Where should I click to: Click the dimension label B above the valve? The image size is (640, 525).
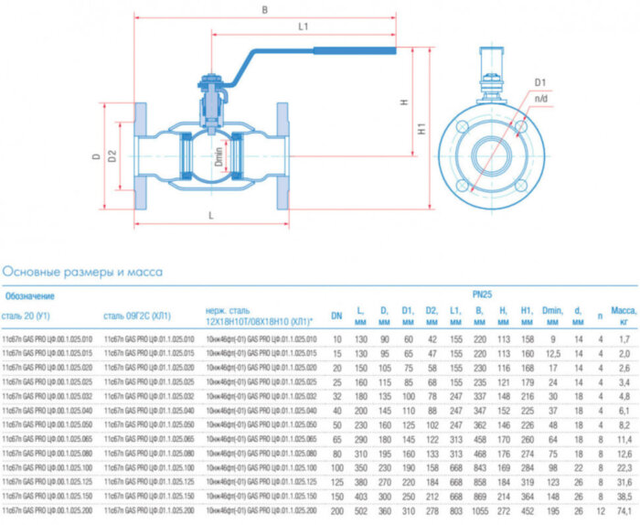pyautogui.click(x=264, y=11)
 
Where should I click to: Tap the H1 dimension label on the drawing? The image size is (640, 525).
pyautogui.click(x=421, y=131)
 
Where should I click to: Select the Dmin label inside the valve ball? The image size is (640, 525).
pyautogui.click(x=219, y=156)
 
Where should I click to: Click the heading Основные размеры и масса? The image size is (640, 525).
pyautogui.click(x=82, y=271)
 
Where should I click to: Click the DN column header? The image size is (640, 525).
pyautogui.click(x=336, y=316)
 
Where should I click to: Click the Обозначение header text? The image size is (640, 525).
pyautogui.click(x=30, y=296)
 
